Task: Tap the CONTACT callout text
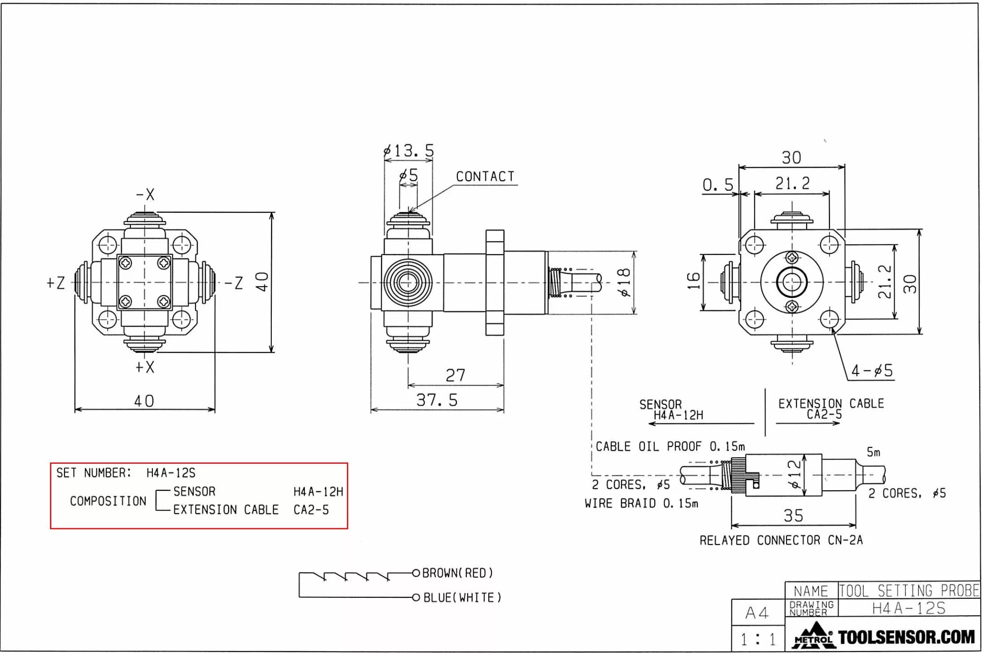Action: pyautogui.click(x=485, y=177)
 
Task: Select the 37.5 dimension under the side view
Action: pyautogui.click(x=437, y=400)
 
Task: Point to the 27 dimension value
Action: pyautogui.click(x=455, y=375)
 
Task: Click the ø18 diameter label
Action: pyautogui.click(x=624, y=282)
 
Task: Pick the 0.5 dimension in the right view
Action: pyautogui.click(x=718, y=185)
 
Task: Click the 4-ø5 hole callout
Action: pyautogui.click(x=872, y=371)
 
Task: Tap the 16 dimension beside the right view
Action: pyautogui.click(x=693, y=281)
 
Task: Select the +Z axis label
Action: pyautogui.click(x=56, y=283)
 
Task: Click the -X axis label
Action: pyautogui.click(x=145, y=194)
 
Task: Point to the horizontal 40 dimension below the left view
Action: pyautogui.click(x=144, y=401)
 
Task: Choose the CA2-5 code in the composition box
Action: pyautogui.click(x=311, y=510)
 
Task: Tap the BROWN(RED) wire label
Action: pyautogui.click(x=457, y=573)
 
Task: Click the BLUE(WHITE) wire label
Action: pyautogui.click(x=462, y=598)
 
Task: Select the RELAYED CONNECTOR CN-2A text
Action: pyautogui.click(x=781, y=540)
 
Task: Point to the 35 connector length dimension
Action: pyautogui.click(x=794, y=516)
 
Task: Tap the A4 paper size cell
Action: pyautogui.click(x=757, y=613)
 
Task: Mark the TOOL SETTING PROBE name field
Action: pyautogui.click(x=909, y=591)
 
